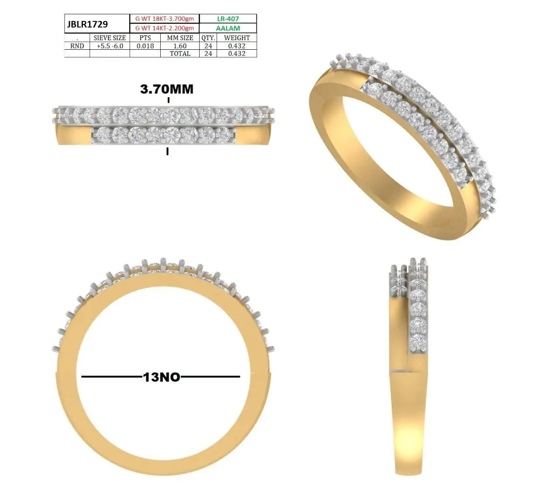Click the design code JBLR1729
(87, 24)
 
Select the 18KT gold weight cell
(165, 19)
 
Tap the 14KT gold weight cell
(165, 28)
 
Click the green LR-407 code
(228, 19)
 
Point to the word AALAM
(228, 28)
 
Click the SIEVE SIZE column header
(110, 38)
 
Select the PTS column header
(145, 38)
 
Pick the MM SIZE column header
(180, 38)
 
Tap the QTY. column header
(208, 38)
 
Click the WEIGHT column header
(237, 38)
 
